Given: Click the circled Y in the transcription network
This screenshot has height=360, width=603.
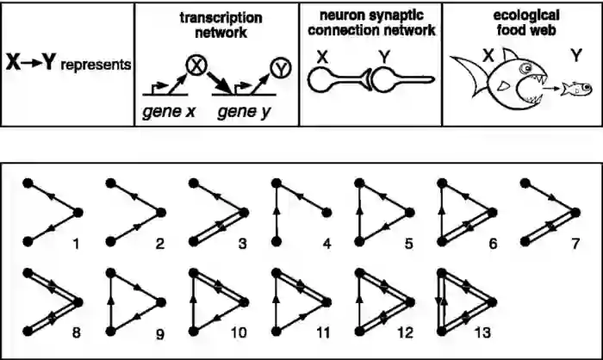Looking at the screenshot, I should pos(280,66).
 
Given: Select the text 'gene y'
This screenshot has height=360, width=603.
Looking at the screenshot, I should pos(243,112).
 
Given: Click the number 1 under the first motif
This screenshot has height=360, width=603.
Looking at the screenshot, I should pos(76,245).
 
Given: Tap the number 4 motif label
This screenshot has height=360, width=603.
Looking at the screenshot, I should pos(326,245).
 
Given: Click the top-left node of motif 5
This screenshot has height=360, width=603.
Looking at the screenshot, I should pos(359,183).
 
